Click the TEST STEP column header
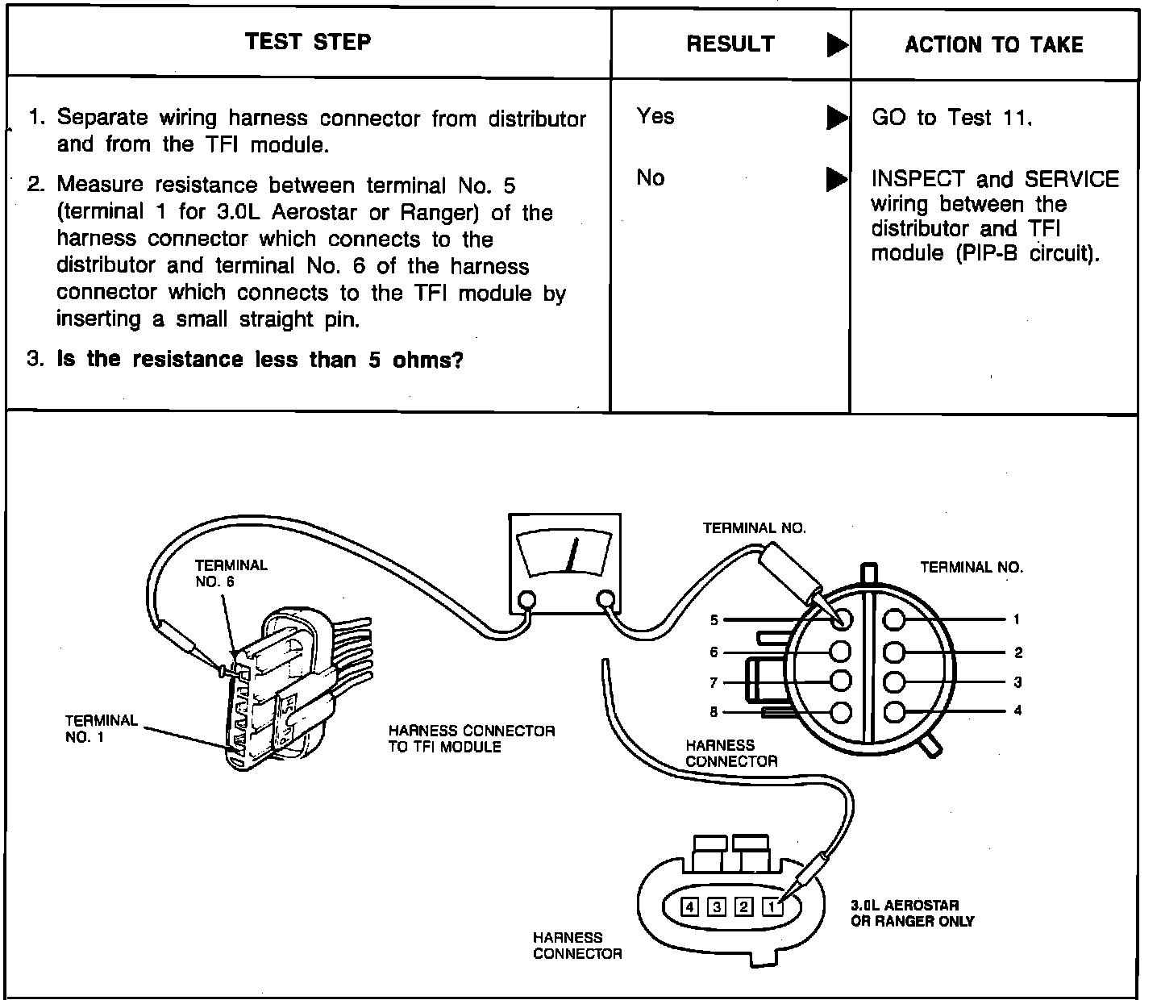[x=308, y=42]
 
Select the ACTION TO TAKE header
[x=993, y=44]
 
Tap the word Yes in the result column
[x=655, y=116]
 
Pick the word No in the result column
[x=651, y=177]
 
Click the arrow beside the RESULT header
[x=837, y=45]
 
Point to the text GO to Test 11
[x=951, y=118]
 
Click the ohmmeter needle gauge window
[x=566, y=553]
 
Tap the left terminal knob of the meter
[x=526, y=599]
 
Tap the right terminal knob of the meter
[x=605, y=599]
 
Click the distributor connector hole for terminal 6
[x=840, y=652]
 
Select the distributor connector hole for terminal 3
[x=893, y=681]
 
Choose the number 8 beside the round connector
[x=714, y=712]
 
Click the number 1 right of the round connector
[x=1017, y=619]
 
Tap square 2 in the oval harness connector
[x=744, y=906]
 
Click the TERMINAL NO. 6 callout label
[x=231, y=573]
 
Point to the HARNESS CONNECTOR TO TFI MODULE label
[x=472, y=739]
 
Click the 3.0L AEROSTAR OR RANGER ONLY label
[x=912, y=913]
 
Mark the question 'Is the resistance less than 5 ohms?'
[x=260, y=360]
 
